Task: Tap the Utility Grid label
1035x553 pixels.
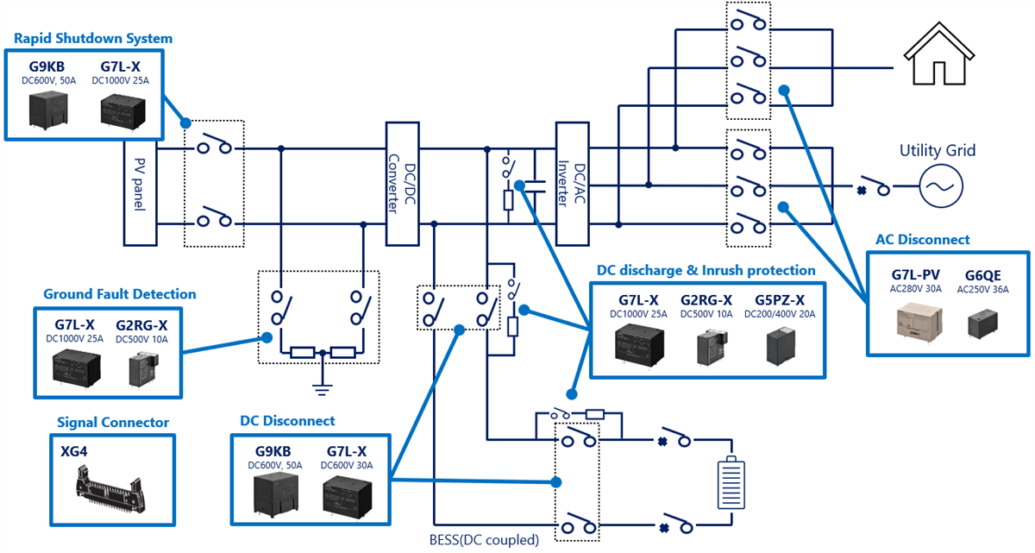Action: point(938,151)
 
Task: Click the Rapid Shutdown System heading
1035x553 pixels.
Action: point(93,38)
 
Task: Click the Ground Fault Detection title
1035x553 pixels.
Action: point(120,294)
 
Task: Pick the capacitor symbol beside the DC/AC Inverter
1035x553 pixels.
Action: point(538,183)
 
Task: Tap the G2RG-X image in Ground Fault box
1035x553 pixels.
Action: point(141,369)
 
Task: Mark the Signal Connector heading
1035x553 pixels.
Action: point(113,423)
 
